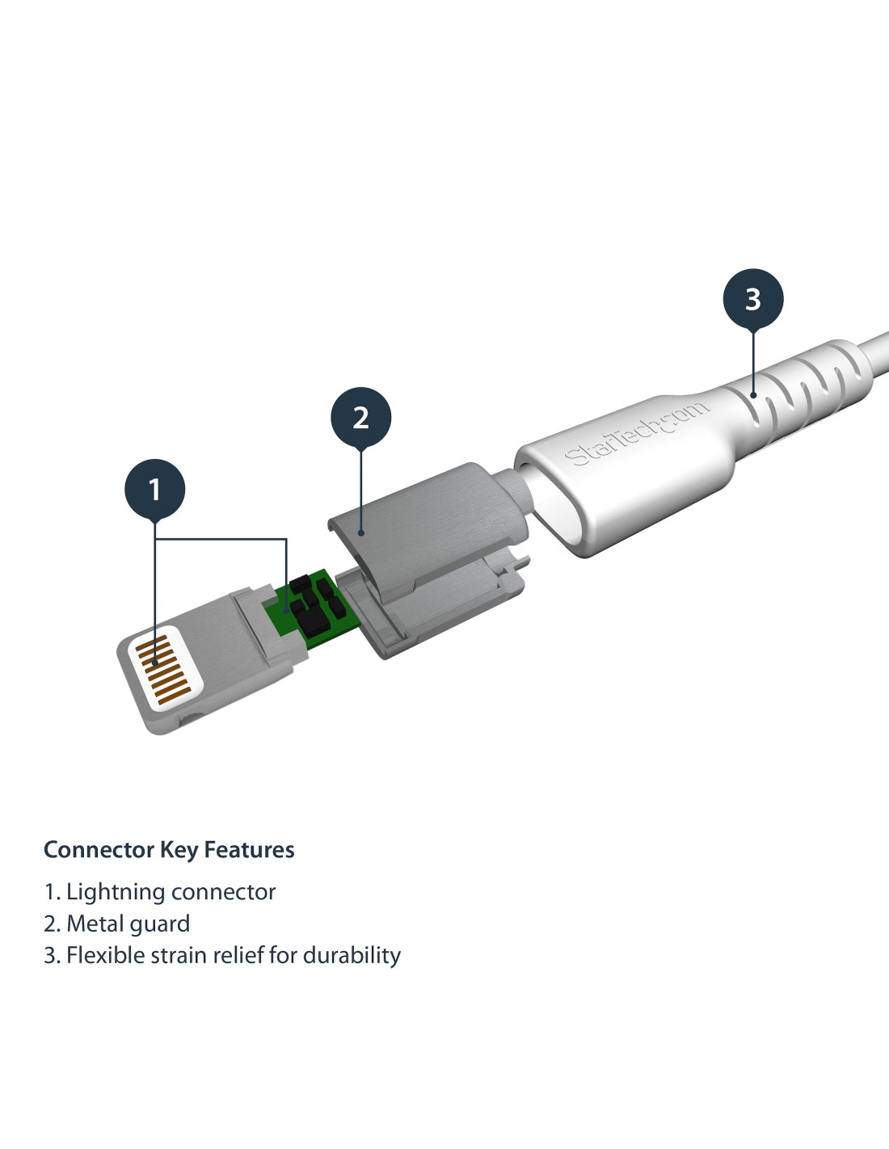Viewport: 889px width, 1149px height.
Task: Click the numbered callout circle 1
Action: (155, 489)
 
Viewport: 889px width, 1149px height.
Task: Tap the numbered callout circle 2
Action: (360, 418)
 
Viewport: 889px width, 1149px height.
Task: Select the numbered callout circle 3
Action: (753, 299)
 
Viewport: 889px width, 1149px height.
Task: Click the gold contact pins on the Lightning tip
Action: (163, 670)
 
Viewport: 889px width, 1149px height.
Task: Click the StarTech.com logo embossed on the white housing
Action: (636, 435)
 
